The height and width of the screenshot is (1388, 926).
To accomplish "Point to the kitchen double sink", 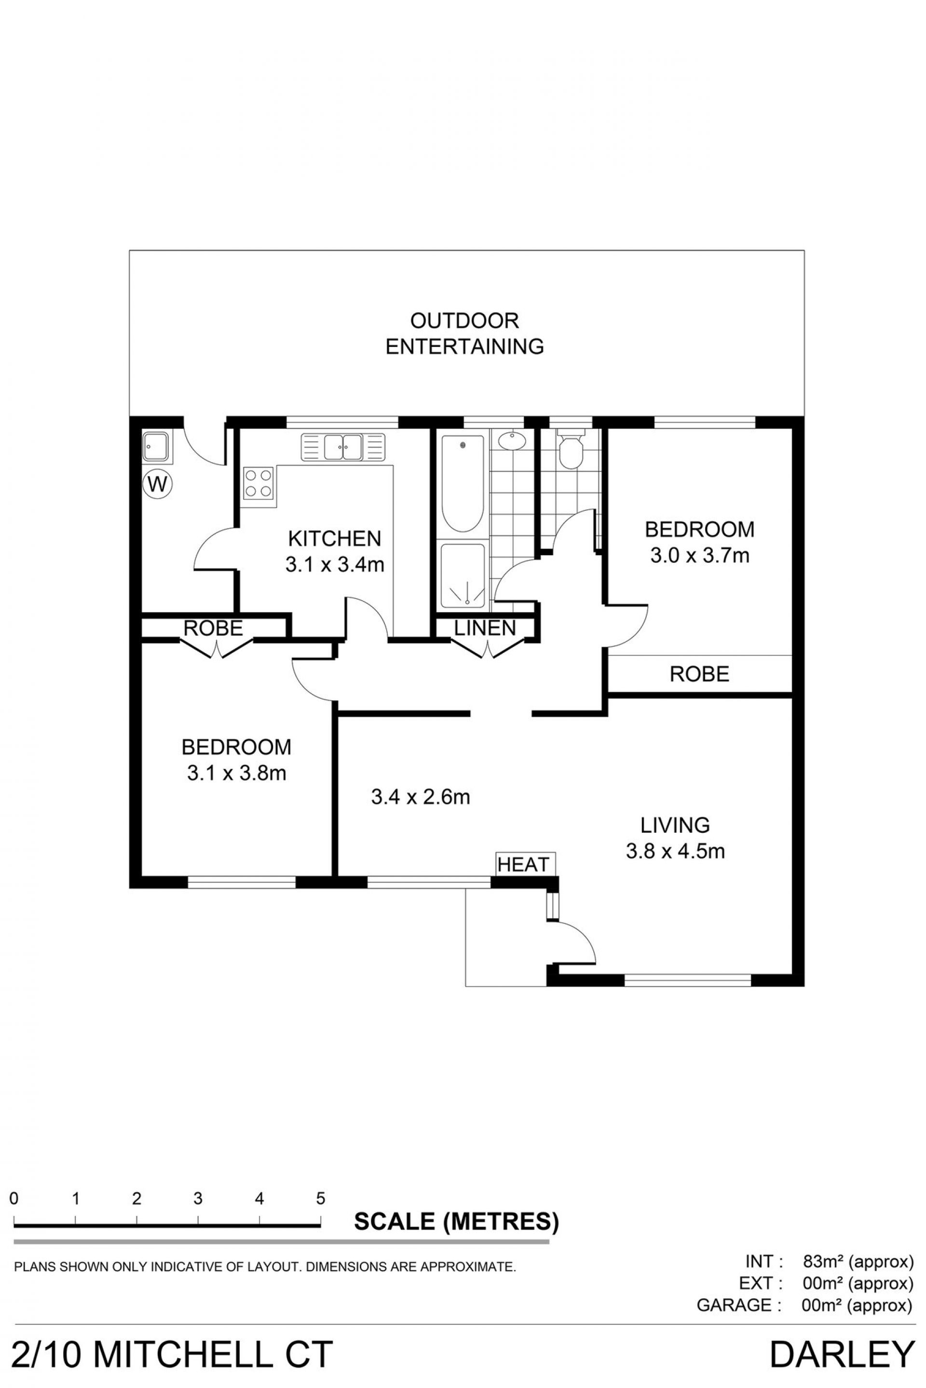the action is click(342, 447).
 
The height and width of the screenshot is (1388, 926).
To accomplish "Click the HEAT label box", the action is click(523, 865).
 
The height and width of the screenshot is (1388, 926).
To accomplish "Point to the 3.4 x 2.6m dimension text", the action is click(421, 797).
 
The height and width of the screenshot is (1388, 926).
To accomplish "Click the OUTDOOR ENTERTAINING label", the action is click(465, 334).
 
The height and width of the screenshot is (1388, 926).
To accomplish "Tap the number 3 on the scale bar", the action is click(198, 1198).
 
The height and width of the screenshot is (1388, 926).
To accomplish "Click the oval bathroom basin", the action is click(511, 441).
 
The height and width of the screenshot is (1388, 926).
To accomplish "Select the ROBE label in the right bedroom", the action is click(699, 673).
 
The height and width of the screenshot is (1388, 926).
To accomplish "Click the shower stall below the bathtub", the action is click(463, 575).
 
